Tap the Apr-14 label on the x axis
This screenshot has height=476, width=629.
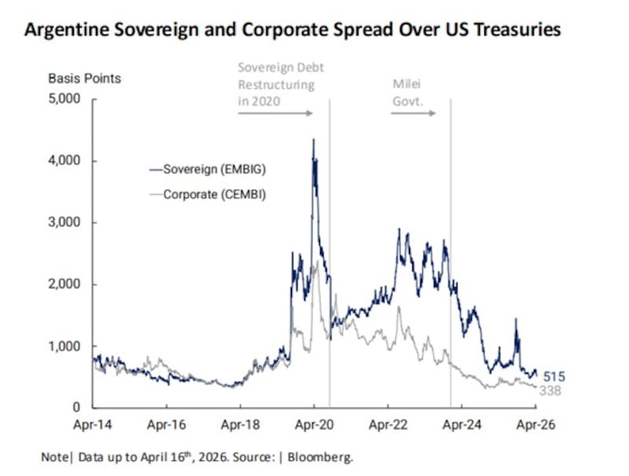[x=93, y=425]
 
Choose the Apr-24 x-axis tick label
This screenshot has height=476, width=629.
[x=462, y=425]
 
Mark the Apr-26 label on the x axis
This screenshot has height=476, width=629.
[x=535, y=425]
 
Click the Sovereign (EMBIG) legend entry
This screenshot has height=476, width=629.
[x=211, y=169]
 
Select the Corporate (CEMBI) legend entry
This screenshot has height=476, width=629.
[x=211, y=194]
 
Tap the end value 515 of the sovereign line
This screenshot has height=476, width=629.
[x=554, y=377]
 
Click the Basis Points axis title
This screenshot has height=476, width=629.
[x=84, y=79]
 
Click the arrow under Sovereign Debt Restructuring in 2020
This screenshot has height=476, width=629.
[x=275, y=113]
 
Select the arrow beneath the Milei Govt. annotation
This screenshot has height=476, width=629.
[x=414, y=113]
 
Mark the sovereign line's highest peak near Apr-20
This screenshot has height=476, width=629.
[x=314, y=140]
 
